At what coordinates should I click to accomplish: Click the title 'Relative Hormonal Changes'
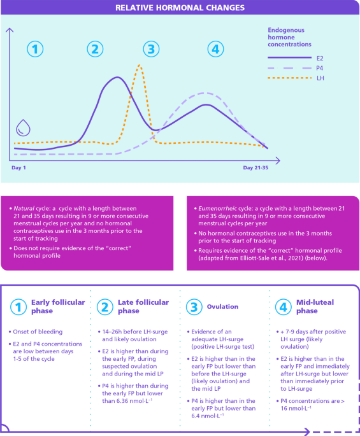point(180,8)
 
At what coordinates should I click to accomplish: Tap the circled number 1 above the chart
point(35,49)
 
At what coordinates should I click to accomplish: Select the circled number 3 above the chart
point(151,49)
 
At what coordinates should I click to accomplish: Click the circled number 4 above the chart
point(215,49)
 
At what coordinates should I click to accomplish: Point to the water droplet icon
point(23,128)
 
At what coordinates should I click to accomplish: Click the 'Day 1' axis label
point(18,167)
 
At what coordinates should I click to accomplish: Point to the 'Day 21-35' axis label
point(256,167)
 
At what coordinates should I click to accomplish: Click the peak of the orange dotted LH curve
point(139,66)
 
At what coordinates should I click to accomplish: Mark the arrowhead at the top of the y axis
point(10,29)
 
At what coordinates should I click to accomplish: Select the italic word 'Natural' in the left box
point(24,208)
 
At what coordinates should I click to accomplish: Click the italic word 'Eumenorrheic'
point(217,208)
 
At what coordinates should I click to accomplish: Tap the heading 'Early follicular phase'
point(58,306)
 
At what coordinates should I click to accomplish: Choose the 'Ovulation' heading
point(222,306)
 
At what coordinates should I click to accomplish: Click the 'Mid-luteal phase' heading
point(315,306)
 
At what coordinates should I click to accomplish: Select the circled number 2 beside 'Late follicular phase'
point(105,307)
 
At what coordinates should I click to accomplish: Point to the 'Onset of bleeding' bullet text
point(38,332)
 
